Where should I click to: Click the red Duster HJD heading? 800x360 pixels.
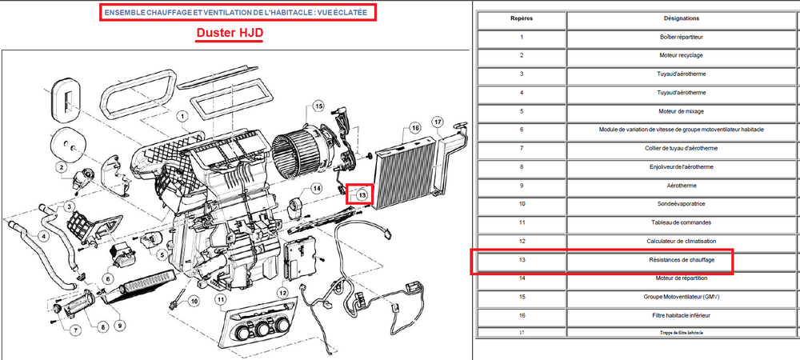[x=230, y=34]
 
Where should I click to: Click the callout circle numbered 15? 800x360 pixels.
[x=318, y=106]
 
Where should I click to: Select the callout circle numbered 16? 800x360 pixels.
[x=414, y=128]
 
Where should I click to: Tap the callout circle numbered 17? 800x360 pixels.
[x=438, y=122]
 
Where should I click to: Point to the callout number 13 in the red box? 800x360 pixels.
[x=362, y=194]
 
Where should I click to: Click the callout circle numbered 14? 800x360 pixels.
[x=317, y=189]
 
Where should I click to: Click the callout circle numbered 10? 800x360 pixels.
[x=193, y=302]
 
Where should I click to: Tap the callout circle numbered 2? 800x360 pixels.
[x=61, y=166]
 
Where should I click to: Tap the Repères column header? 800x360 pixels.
[x=522, y=18]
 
